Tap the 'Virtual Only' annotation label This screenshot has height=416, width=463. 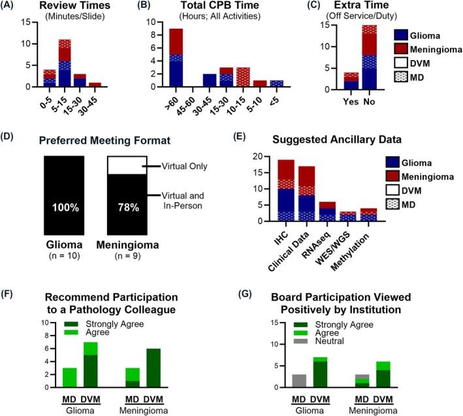tap(186, 167)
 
